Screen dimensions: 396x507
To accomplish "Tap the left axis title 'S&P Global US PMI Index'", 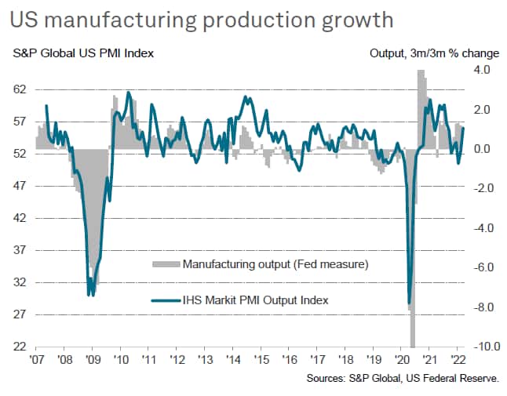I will tap(82, 54).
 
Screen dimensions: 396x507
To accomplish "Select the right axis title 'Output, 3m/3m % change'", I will tap(433, 54).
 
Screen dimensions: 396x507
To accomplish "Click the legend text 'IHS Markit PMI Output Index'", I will tap(255, 299).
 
